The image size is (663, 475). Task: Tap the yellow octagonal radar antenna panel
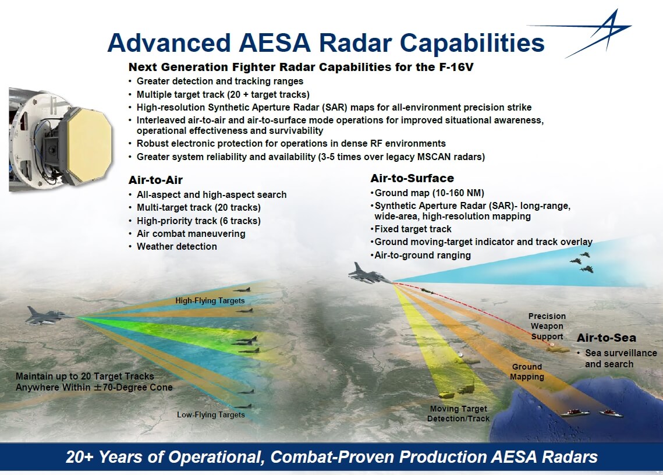point(87,145)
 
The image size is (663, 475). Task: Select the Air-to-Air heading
point(155,180)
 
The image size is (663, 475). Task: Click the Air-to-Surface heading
point(412,178)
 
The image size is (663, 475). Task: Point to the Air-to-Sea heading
point(607,338)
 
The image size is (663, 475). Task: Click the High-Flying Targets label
point(210,301)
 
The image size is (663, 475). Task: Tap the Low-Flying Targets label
point(211,415)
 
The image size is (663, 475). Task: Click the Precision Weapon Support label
point(547,326)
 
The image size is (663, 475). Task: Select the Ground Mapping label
point(527,372)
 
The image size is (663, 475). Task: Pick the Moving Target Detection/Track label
point(458,414)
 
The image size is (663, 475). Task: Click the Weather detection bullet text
point(177,247)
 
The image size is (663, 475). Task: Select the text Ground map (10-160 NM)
point(430,193)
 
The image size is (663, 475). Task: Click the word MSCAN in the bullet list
point(434,157)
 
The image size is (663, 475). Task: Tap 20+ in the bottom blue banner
point(80,457)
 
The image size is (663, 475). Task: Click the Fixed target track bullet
point(413,229)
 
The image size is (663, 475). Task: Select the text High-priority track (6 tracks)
point(198,221)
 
